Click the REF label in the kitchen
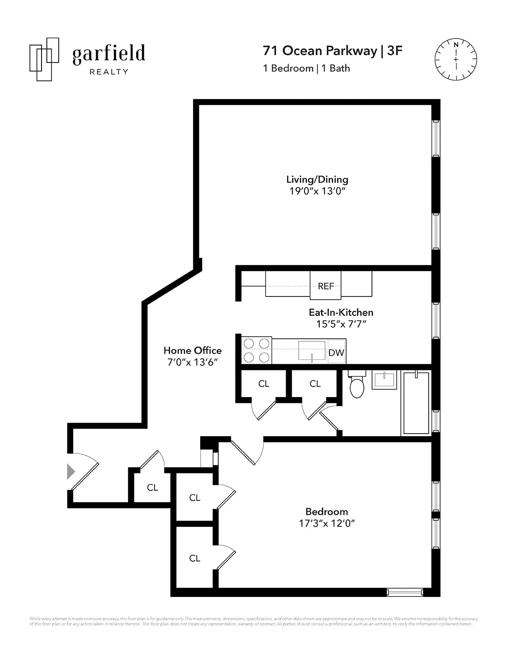click(326, 286)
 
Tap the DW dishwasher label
click(336, 352)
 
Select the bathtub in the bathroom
click(416, 403)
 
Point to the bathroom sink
click(384, 380)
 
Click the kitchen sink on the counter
click(312, 350)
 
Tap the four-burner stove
click(256, 350)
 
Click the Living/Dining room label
click(317, 179)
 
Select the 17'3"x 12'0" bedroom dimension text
click(327, 523)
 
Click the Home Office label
click(192, 350)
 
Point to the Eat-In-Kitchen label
click(341, 312)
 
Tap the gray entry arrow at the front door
click(71, 471)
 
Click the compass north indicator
click(456, 45)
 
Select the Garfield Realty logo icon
click(44, 59)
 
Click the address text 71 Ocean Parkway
click(320, 51)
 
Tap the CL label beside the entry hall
click(152, 487)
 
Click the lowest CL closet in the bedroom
click(195, 558)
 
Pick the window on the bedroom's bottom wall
click(405, 592)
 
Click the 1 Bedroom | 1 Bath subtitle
click(306, 68)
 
